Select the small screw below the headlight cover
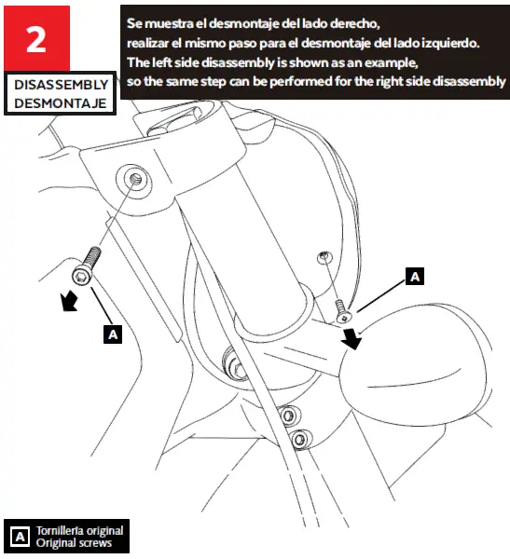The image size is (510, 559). (x=340, y=305)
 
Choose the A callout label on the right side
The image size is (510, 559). (x=415, y=276)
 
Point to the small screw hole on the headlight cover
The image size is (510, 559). (x=324, y=255)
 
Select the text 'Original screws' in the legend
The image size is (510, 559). (x=75, y=542)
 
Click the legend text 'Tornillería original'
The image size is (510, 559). (x=79, y=530)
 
